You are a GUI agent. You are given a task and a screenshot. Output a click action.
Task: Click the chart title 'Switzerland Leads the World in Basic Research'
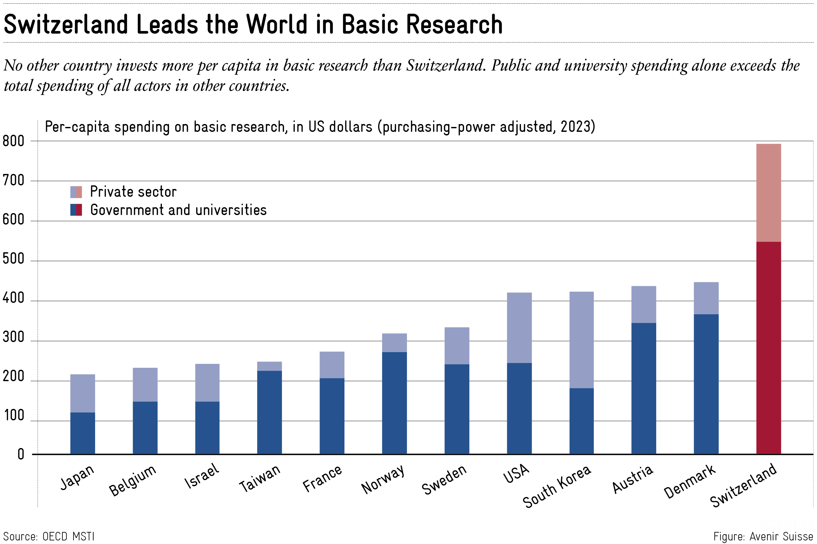[253, 25]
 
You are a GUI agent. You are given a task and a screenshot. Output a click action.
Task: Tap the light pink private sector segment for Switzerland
[768, 193]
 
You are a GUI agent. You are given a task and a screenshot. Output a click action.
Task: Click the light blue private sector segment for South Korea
[581, 340]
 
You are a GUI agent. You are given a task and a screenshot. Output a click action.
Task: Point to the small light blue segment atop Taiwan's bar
[270, 366]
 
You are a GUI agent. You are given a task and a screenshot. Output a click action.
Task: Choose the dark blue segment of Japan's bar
[83, 433]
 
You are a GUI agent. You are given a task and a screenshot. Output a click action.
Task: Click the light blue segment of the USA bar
[519, 328]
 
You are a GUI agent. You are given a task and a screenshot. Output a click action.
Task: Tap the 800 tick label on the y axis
[13, 141]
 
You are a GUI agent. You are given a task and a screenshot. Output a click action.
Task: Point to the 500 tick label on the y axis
[13, 259]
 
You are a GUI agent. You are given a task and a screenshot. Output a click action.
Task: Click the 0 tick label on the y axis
[21, 455]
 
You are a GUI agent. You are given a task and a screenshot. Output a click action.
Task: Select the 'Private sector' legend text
[133, 192]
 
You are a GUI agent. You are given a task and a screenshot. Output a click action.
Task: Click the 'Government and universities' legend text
[178, 210]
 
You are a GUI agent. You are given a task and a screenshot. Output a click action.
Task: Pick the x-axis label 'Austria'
[632, 479]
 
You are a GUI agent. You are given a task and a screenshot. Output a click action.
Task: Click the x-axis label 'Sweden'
[444, 479]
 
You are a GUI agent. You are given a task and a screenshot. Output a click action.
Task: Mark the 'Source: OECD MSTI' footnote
[49, 536]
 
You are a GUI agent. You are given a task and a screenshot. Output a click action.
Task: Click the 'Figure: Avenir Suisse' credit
[763, 536]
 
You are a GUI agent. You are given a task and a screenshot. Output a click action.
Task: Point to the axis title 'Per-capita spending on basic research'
[320, 127]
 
